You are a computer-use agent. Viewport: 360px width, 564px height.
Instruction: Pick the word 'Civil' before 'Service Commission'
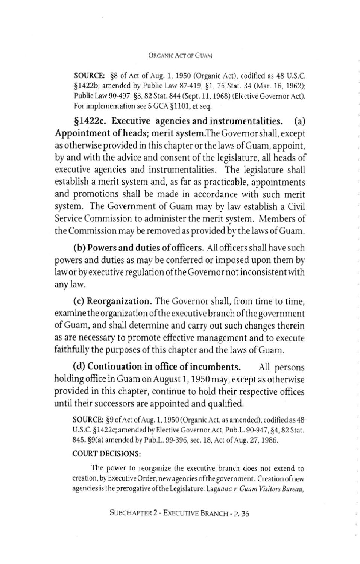pos(296,207)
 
